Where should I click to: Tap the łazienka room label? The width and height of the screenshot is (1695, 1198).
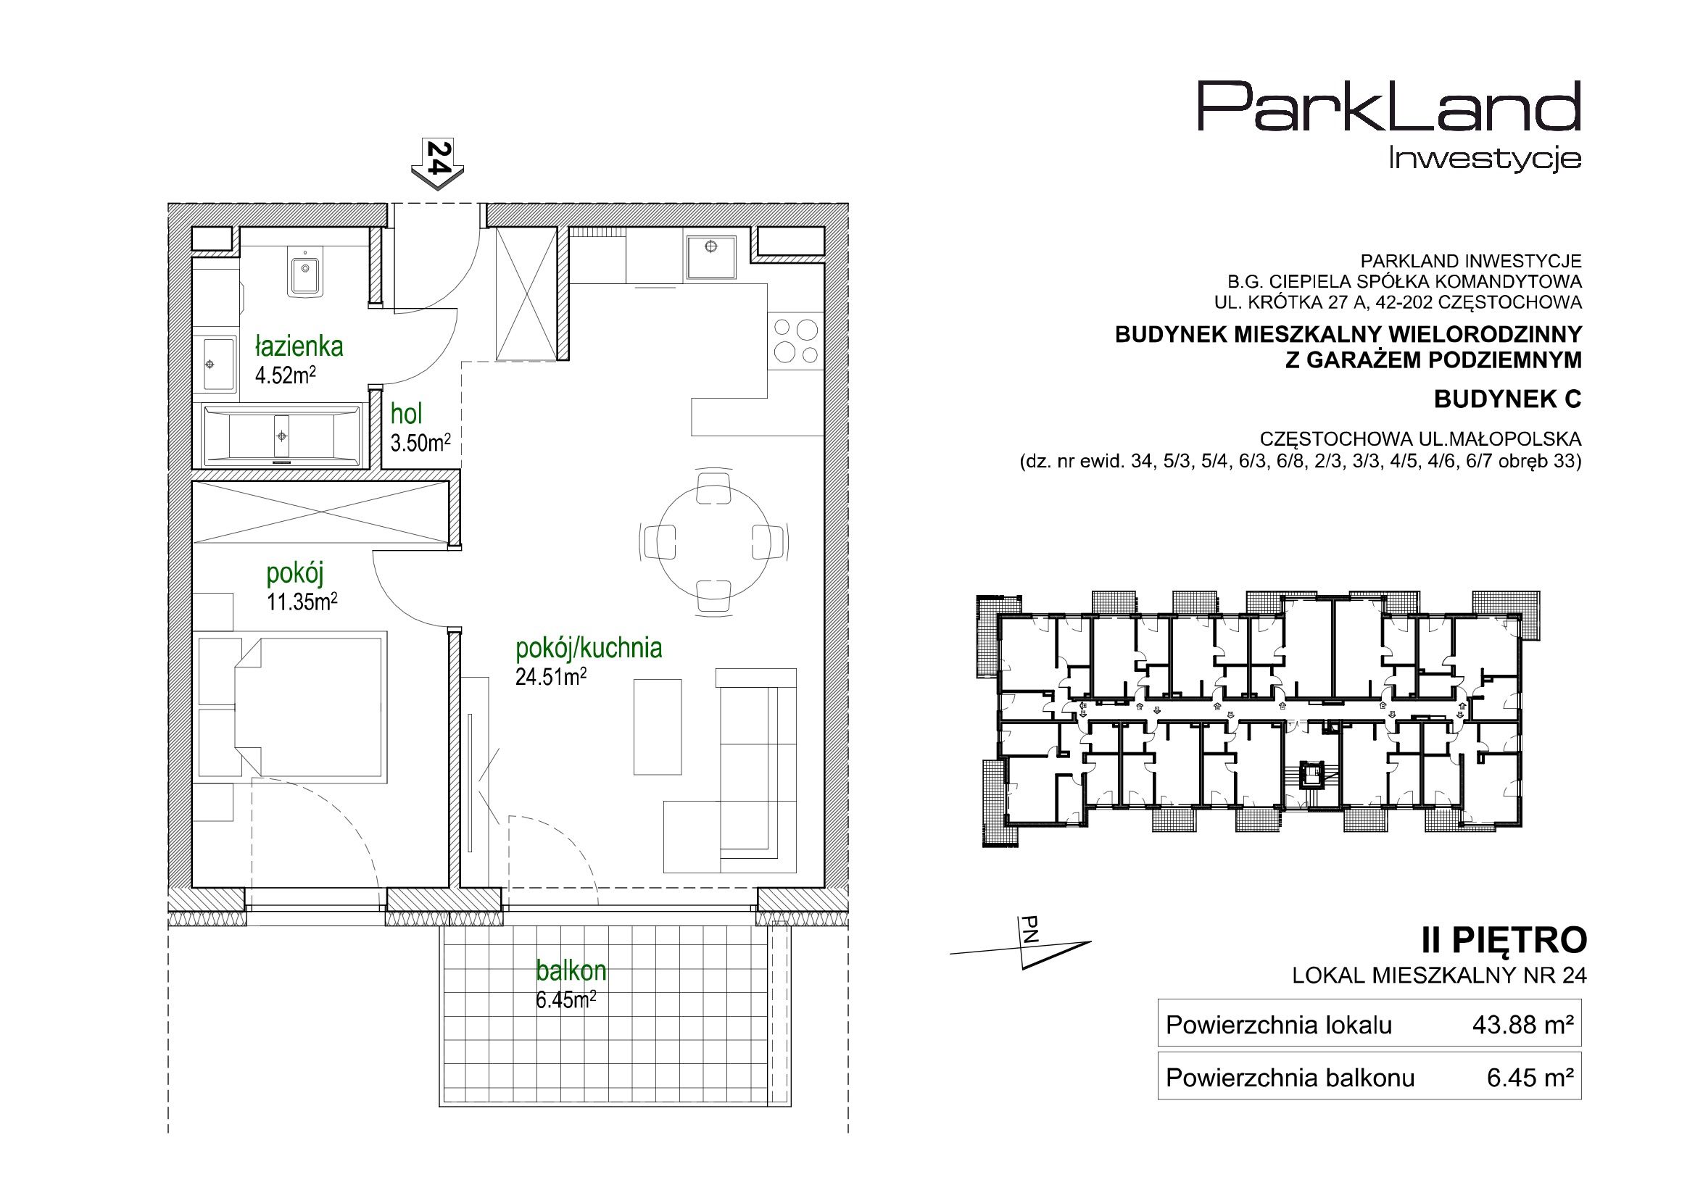299,346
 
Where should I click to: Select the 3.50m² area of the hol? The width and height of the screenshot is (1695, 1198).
420,443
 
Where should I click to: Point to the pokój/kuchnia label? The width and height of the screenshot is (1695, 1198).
589,648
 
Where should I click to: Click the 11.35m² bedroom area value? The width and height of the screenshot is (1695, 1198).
302,602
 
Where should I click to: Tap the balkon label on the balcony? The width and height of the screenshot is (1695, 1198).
571,970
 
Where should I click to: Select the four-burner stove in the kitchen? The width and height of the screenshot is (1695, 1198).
795,341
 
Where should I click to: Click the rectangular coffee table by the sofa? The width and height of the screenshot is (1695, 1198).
657,727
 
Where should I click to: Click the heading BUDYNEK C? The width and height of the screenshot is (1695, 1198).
1507,399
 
